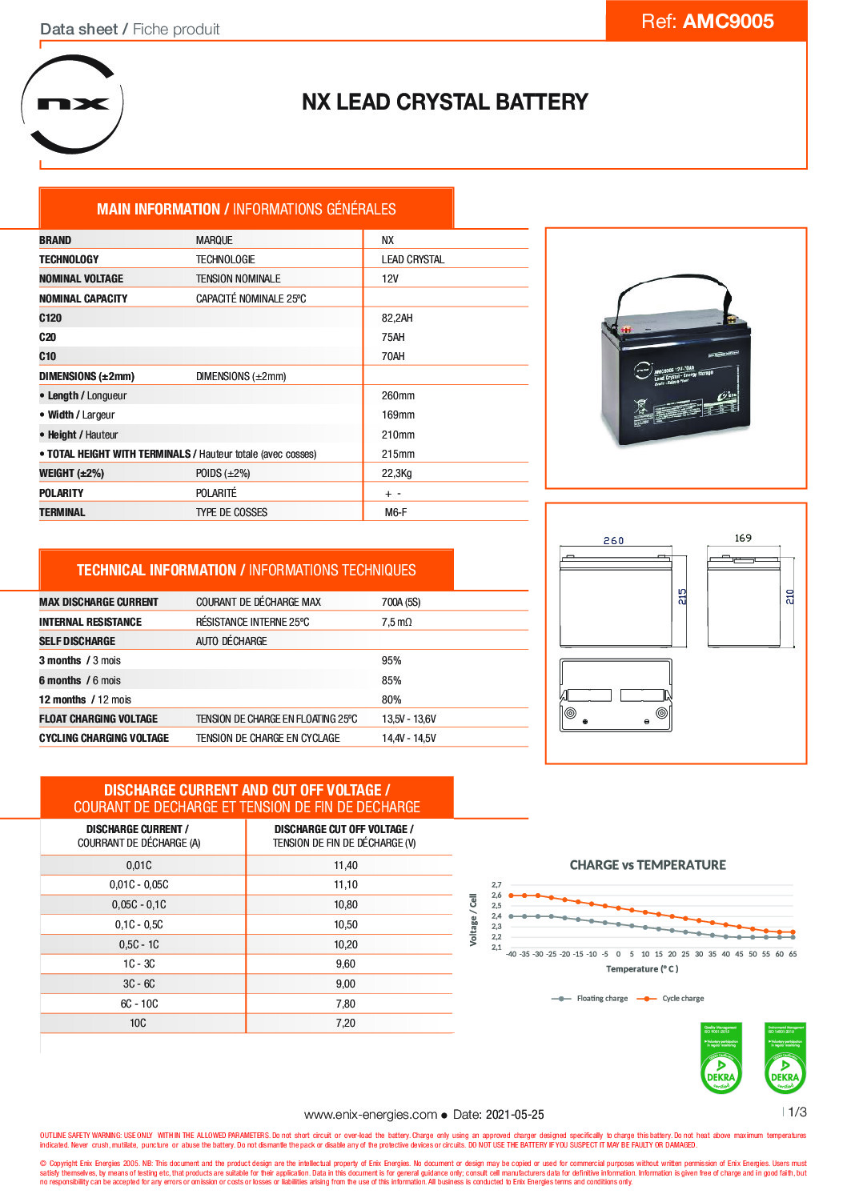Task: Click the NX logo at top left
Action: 73,104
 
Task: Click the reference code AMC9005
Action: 728,22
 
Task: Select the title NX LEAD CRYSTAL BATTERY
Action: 444,102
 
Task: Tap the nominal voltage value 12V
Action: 390,278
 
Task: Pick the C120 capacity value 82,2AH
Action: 397,318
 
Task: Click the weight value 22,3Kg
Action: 396,473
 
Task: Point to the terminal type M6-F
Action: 395,512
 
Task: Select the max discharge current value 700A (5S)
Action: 401,602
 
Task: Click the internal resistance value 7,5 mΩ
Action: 396,622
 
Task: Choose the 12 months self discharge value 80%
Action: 391,699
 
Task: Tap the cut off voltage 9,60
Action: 346,964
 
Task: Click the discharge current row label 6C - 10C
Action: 139,1004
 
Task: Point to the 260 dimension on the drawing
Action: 613,541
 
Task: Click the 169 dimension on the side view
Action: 743,538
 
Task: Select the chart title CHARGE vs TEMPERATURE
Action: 648,865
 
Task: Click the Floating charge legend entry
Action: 601,998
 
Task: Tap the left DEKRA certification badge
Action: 721,1058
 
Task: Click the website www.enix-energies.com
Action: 370,1114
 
